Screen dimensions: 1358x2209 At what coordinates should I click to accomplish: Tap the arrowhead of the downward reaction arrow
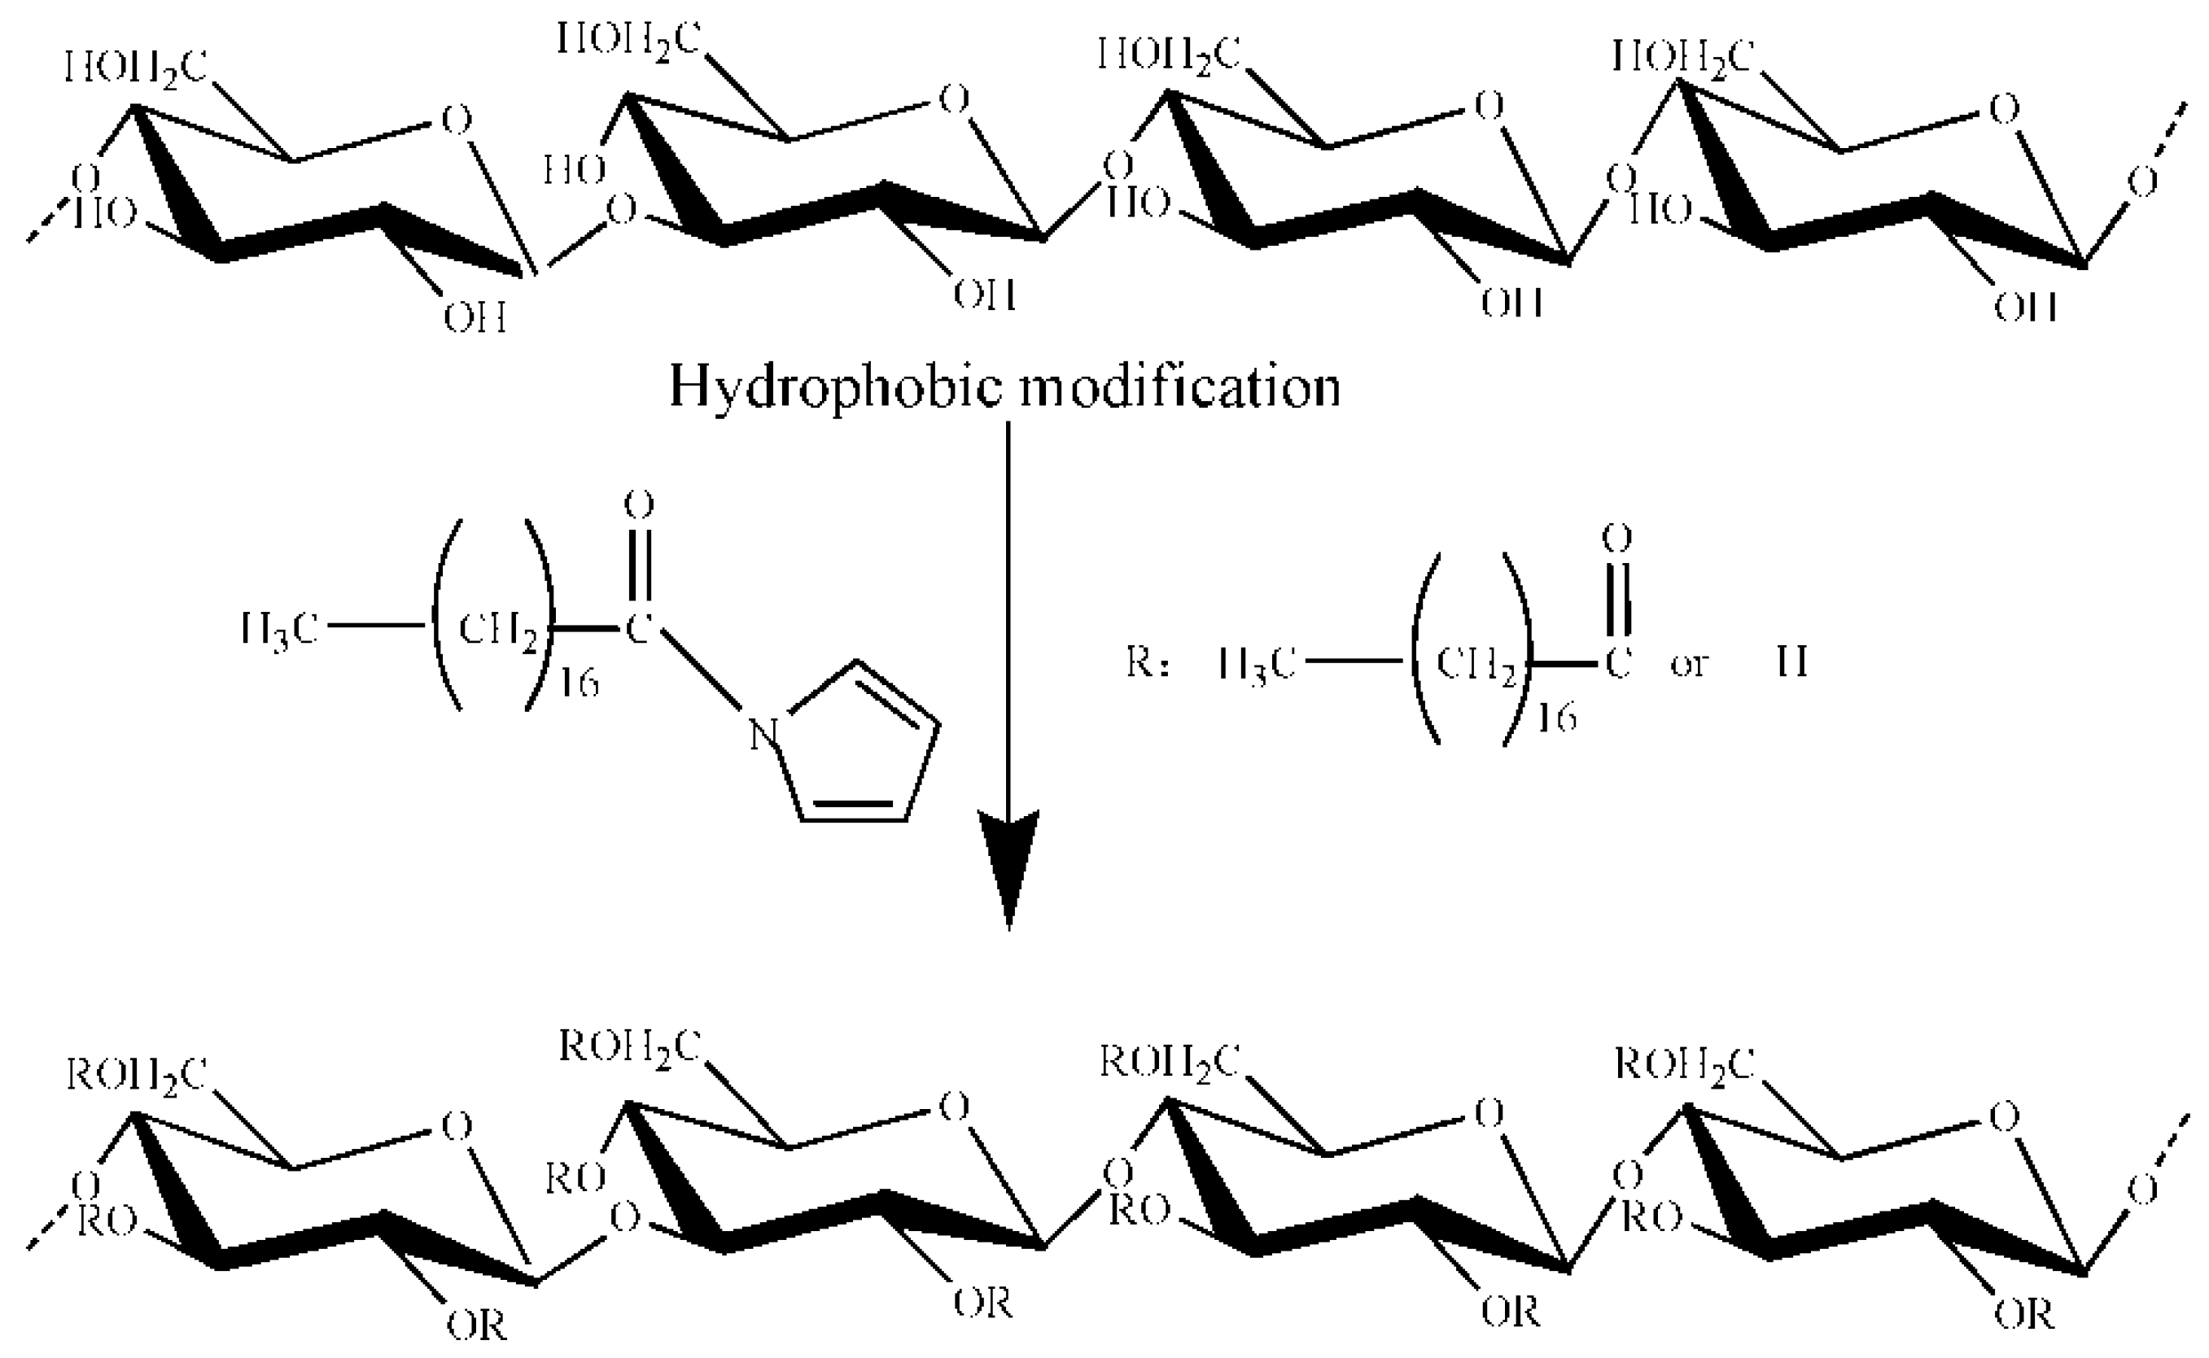coord(1008,862)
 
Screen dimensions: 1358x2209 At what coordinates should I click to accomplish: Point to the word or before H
coord(1689,666)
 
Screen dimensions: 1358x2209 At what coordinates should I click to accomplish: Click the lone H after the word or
coord(1792,664)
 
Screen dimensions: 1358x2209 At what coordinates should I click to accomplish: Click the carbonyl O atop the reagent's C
coord(639,505)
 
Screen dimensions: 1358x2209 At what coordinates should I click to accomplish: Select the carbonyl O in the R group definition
coord(1617,539)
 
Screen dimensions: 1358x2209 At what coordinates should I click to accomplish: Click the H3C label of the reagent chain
coord(279,630)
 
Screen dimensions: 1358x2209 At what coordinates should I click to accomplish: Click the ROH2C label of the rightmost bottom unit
coord(1684,1065)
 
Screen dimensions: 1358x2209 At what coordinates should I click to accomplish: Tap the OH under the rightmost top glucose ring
coord(2025,308)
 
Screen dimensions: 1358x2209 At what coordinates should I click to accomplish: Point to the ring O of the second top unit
coord(954,98)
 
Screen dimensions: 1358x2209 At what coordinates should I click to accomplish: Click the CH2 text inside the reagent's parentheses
coord(499,631)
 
